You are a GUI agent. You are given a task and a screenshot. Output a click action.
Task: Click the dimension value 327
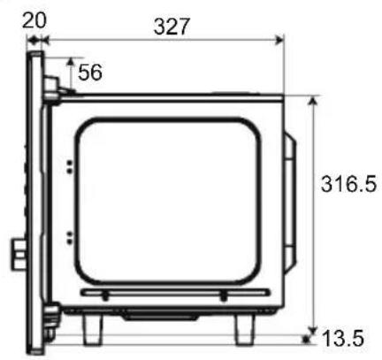click(x=171, y=27)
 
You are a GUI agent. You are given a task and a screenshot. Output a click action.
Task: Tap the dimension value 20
click(x=34, y=20)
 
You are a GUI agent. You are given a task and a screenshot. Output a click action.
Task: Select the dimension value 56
click(x=90, y=73)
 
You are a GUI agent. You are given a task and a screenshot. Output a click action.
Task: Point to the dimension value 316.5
click(x=348, y=184)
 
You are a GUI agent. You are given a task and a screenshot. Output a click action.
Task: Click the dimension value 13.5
click(x=343, y=338)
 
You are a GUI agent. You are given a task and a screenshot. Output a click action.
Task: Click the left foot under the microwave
click(x=93, y=329)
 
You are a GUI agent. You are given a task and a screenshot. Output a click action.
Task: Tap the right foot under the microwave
click(x=245, y=329)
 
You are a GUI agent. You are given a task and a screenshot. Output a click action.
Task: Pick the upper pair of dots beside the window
click(x=69, y=166)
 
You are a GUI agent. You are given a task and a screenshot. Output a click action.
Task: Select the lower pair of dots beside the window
click(x=69, y=238)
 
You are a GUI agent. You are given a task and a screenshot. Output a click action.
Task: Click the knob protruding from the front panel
click(x=19, y=255)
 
